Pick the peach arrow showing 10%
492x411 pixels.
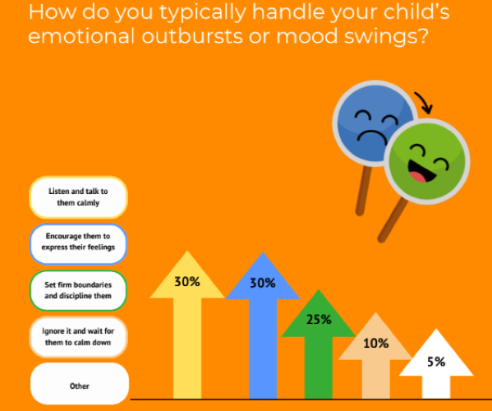(375, 366)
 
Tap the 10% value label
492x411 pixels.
(375, 344)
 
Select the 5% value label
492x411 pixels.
(435, 362)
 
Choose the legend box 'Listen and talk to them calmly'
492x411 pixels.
(78, 196)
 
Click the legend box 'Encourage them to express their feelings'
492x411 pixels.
(78, 242)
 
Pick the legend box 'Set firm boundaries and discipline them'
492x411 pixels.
(78, 289)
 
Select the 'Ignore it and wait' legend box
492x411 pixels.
(78, 336)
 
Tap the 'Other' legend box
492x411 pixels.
(80, 385)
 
